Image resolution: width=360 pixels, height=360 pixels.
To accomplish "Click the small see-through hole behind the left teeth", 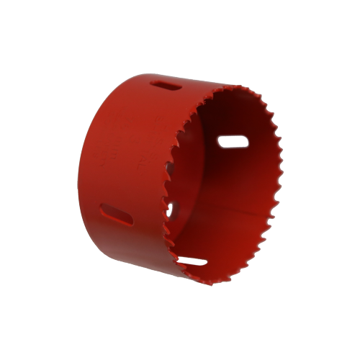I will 171,210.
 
